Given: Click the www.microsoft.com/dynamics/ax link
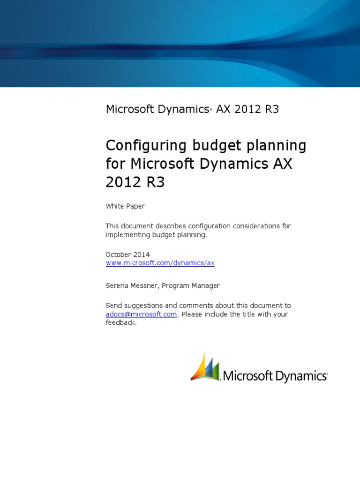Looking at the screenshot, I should pyautogui.click(x=160, y=263).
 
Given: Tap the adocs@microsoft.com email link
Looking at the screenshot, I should pyautogui.click(x=141, y=314).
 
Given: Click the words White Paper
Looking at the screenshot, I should pyautogui.click(x=125, y=206).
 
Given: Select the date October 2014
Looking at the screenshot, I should pyautogui.click(x=127, y=255).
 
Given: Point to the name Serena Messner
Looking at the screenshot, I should pyautogui.click(x=131, y=285).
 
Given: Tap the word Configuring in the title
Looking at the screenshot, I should pyautogui.click(x=146, y=146).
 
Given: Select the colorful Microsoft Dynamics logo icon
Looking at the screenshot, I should pyautogui.click(x=205, y=367).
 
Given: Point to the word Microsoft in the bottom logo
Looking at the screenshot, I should pyautogui.click(x=247, y=376).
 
